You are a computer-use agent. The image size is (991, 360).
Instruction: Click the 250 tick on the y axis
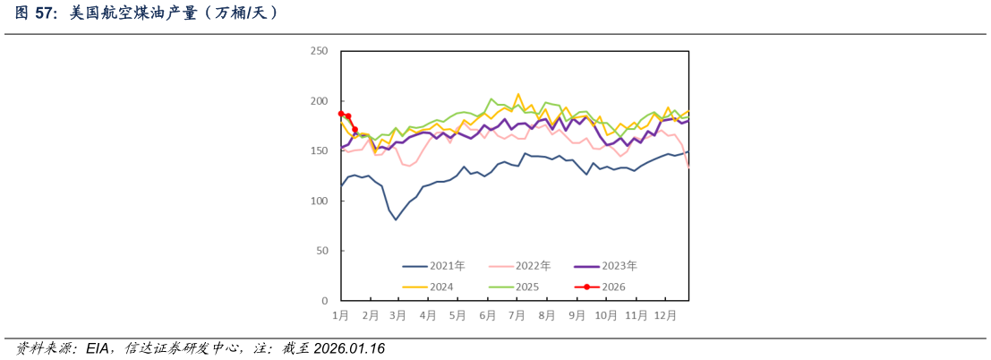point(320,51)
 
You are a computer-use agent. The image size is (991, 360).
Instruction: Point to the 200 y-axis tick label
point(320,101)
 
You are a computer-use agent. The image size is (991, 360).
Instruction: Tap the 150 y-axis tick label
point(320,151)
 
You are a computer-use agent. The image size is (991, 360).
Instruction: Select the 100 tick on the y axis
point(320,201)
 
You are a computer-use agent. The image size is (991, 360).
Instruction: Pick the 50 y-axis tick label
point(322,252)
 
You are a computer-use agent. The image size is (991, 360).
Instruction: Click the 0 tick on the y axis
point(326,302)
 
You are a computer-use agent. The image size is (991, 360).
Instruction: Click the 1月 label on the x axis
point(341,316)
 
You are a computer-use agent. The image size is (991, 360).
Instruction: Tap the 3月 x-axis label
point(398,316)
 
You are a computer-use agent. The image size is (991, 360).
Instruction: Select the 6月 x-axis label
point(488,316)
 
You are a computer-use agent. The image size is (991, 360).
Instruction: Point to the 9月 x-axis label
point(577,316)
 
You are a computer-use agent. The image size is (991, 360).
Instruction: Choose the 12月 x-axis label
point(665,316)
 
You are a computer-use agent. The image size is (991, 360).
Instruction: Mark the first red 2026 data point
point(341,114)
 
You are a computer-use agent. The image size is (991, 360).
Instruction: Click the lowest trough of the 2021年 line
point(396,219)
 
